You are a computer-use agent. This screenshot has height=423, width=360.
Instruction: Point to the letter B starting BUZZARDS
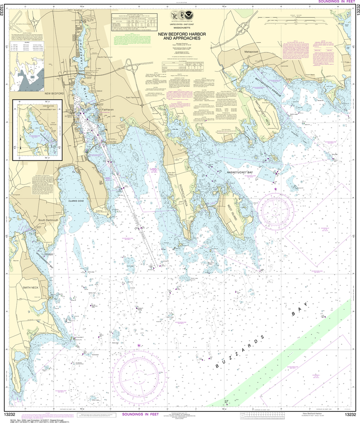[x=217, y=366]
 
